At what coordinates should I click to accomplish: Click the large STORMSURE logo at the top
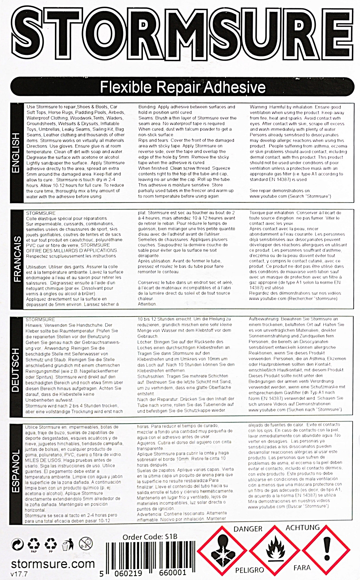tap(180, 36)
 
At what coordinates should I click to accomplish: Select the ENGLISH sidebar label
tap(16, 153)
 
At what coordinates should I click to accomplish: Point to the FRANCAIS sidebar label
tap(17, 259)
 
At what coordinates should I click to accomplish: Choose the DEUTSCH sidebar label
tap(16, 370)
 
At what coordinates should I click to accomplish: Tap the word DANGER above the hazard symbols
tap(248, 529)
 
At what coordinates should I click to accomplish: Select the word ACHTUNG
tap(302, 527)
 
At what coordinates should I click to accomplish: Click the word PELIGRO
tap(249, 570)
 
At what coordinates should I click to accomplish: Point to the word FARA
tap(302, 568)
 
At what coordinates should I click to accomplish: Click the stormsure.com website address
tap(53, 564)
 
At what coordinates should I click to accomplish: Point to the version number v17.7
tap(18, 574)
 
